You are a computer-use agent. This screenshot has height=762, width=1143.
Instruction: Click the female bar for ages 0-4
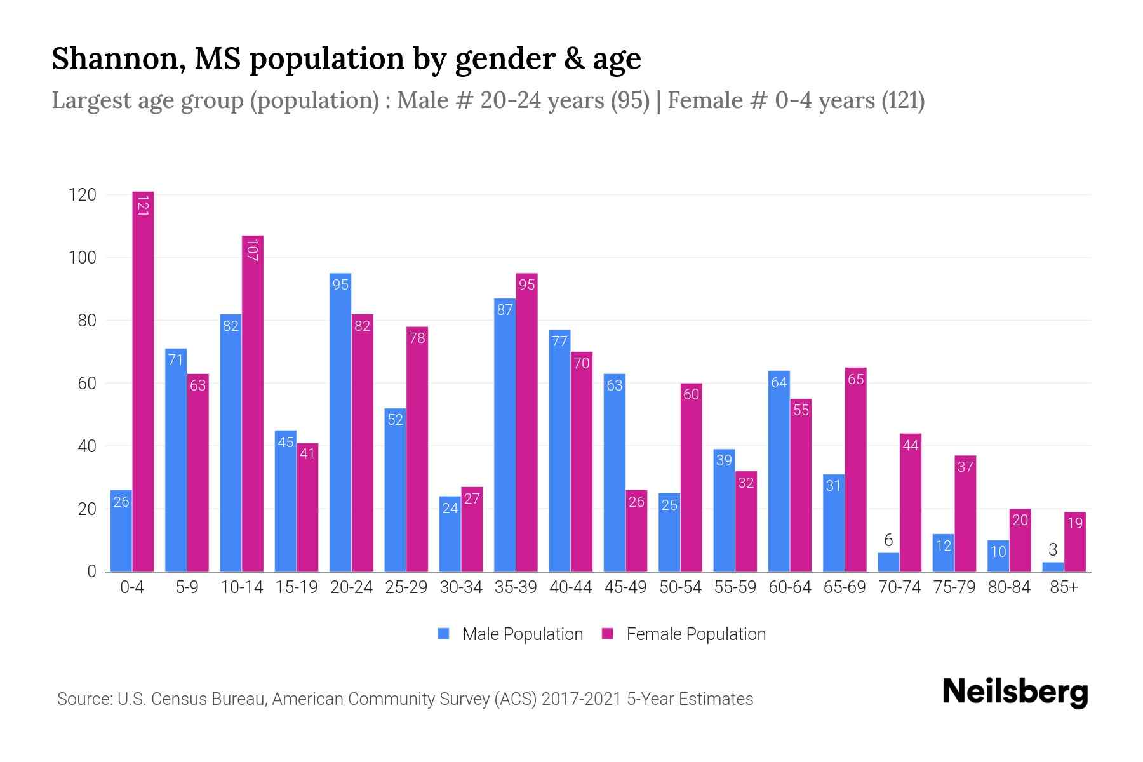pyautogui.click(x=143, y=381)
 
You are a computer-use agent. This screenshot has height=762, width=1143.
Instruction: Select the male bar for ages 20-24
pyautogui.click(x=340, y=422)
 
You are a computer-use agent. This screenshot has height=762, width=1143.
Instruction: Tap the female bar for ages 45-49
pyautogui.click(x=636, y=531)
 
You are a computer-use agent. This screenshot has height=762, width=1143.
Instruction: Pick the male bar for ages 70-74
pyautogui.click(x=888, y=563)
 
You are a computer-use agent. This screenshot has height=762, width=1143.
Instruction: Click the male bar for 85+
pyautogui.click(x=1053, y=567)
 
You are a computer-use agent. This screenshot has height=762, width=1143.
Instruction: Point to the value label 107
pyautogui.click(x=252, y=250)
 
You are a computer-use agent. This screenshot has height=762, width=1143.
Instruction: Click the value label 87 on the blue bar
pyautogui.click(x=505, y=311)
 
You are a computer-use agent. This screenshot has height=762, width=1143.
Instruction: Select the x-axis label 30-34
pyautogui.click(x=461, y=587)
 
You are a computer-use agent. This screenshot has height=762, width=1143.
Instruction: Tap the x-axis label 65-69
pyautogui.click(x=845, y=587)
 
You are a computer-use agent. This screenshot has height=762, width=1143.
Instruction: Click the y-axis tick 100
pyautogui.click(x=83, y=258)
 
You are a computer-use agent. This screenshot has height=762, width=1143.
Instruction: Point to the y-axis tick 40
pyautogui.click(x=86, y=446)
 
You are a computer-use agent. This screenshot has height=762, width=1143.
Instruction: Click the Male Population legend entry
pyautogui.click(x=511, y=634)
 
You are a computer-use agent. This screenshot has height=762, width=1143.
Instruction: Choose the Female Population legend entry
pyautogui.click(x=685, y=634)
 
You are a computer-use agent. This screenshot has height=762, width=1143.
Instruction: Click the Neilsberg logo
pyautogui.click(x=1015, y=692)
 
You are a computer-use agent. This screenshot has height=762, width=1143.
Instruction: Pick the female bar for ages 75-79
pyautogui.click(x=965, y=514)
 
